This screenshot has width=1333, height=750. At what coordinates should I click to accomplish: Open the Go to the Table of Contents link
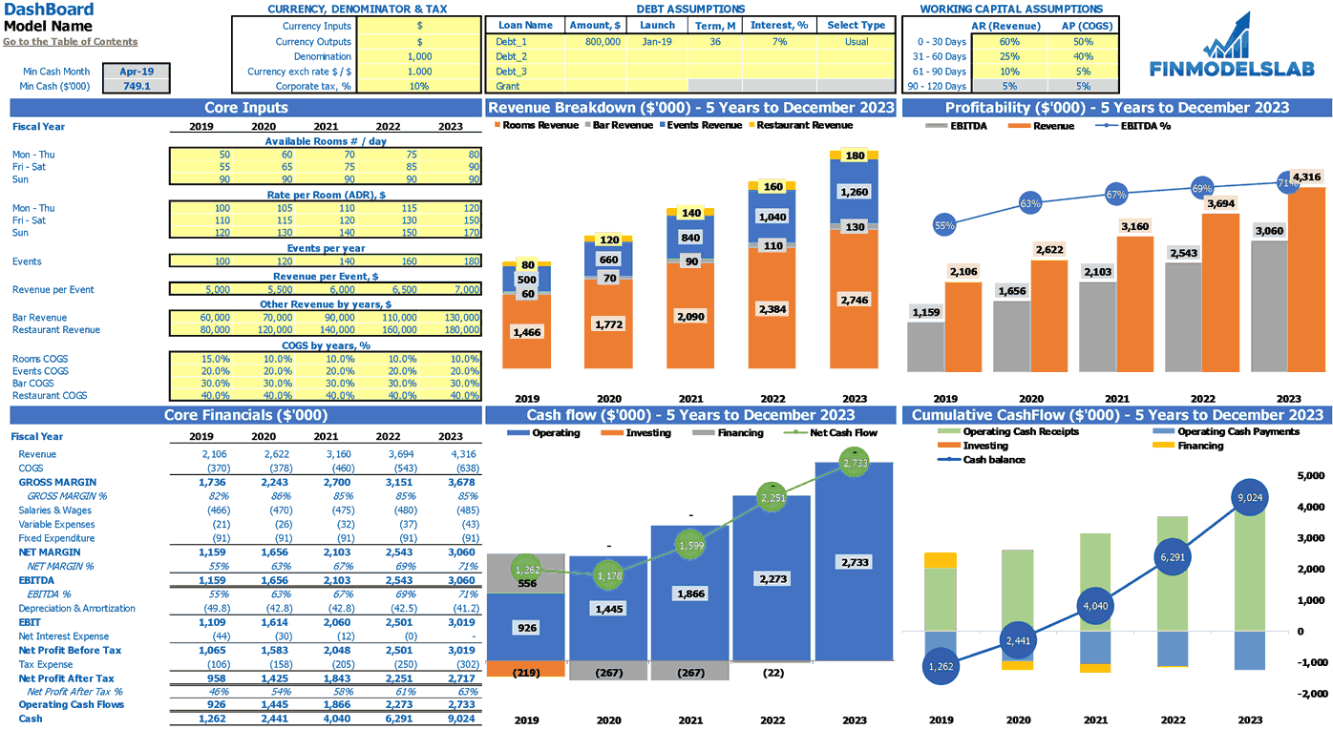pyautogui.click(x=70, y=42)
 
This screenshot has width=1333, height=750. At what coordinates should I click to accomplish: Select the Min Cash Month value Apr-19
pyautogui.click(x=137, y=72)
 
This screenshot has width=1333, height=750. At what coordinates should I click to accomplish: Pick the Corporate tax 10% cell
pyautogui.click(x=419, y=86)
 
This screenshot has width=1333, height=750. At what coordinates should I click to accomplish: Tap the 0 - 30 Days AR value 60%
pyautogui.click(x=1009, y=42)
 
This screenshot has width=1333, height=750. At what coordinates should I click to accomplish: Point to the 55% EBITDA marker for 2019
pyautogui.click(x=944, y=226)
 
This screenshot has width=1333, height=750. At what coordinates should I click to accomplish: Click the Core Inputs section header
pyautogui.click(x=245, y=108)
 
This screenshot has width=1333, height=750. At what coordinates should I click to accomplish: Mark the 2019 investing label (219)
pyautogui.click(x=526, y=673)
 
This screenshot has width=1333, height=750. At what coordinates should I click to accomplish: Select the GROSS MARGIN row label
pyautogui.click(x=57, y=483)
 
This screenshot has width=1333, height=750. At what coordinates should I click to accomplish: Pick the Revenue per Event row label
pyautogui.click(x=53, y=290)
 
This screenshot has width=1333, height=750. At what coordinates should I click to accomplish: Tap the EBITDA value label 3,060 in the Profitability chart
pyautogui.click(x=1269, y=231)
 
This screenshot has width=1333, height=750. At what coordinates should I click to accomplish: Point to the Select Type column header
pyautogui.click(x=856, y=26)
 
